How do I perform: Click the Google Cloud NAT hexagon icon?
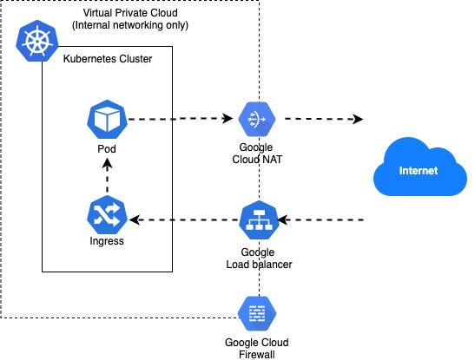[x=257, y=118]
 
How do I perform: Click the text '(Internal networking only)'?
[x=135, y=25]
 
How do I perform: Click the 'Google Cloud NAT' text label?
[x=257, y=154]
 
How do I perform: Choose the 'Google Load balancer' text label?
[x=257, y=257]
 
